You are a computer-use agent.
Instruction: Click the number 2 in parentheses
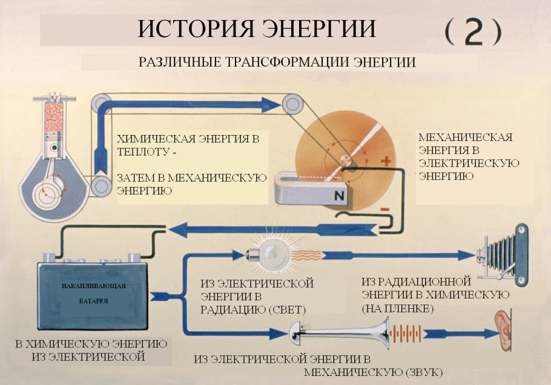pos(473,32)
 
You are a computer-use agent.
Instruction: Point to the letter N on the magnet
pos(338,195)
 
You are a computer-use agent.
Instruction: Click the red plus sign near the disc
pos(384,162)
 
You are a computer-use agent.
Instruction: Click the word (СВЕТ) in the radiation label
pos(284,309)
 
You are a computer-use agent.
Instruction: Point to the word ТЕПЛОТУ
pos(142,152)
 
